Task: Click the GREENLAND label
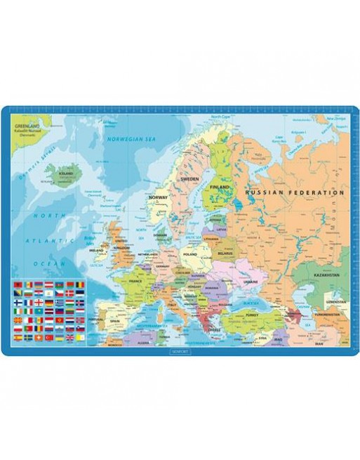point(25,126)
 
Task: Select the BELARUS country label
point(225,246)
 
